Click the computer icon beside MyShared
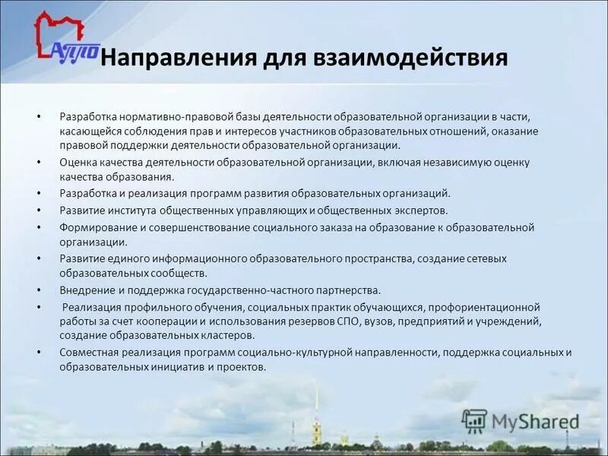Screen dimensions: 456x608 (x=474, y=421)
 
